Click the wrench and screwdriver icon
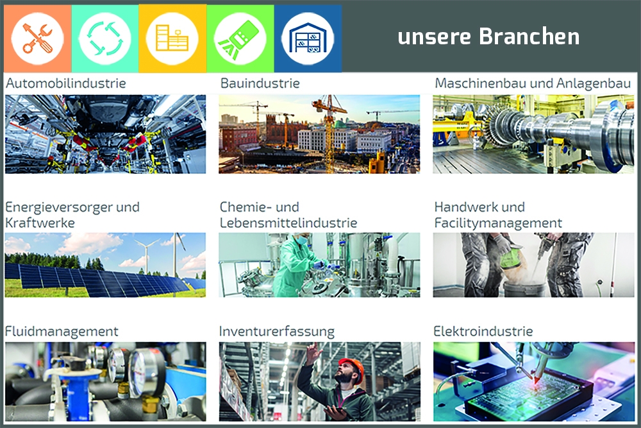tap(37, 39)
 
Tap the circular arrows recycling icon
tap(105, 39)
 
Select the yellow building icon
tap(172, 39)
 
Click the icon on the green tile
tap(240, 39)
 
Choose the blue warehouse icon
tap(308, 39)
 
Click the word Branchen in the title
tap(529, 37)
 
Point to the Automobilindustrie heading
tap(66, 83)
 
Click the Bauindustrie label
tap(260, 83)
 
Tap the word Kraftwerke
tap(40, 223)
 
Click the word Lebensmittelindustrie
tap(288, 223)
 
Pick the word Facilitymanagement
tap(498, 223)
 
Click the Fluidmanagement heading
tap(62, 332)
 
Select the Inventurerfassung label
tap(277, 332)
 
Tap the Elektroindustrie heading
tap(483, 332)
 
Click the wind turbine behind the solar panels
tap(146, 255)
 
